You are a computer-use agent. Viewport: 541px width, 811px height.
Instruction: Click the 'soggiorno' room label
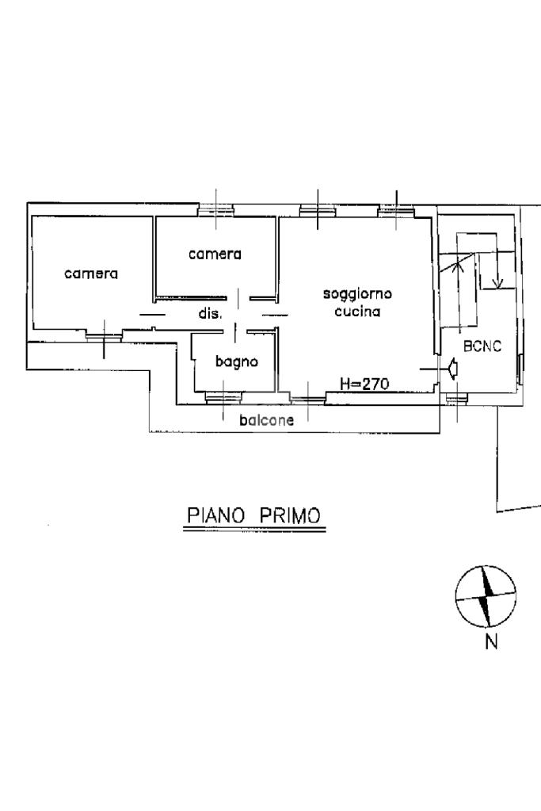click(x=357, y=294)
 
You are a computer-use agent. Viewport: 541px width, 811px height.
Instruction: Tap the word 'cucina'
click(x=357, y=312)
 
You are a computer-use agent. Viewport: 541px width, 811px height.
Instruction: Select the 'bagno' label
click(x=236, y=362)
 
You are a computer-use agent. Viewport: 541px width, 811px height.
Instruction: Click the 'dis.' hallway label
click(x=210, y=313)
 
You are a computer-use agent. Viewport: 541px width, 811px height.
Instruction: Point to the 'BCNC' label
click(x=482, y=346)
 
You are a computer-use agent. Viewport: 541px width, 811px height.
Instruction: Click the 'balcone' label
click(x=266, y=420)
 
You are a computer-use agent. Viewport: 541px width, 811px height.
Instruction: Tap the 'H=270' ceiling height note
click(x=364, y=384)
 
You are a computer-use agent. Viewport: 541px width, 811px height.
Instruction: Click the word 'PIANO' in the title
click(x=215, y=515)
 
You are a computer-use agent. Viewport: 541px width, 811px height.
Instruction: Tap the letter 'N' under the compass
click(x=491, y=642)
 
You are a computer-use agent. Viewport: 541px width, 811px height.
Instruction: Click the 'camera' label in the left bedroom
click(x=91, y=274)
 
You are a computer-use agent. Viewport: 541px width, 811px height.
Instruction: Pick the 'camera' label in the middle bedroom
click(x=215, y=254)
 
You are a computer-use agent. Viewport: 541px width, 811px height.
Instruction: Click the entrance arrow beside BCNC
click(x=454, y=369)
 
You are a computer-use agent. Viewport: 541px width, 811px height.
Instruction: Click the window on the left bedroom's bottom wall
click(x=104, y=337)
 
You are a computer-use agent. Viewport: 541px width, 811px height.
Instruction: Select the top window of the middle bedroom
click(x=215, y=209)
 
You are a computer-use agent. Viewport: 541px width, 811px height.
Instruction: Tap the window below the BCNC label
click(x=455, y=398)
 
